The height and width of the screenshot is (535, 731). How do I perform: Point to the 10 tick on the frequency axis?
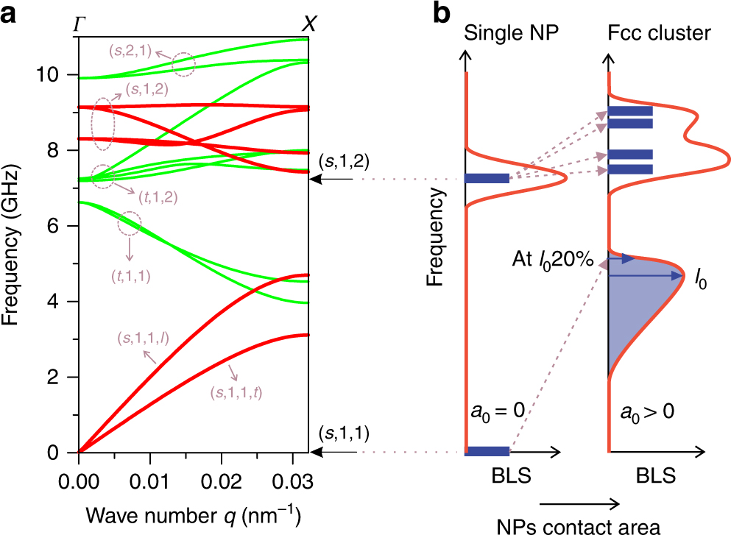pos(56,75)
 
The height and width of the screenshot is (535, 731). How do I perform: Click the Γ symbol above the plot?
pos(79,24)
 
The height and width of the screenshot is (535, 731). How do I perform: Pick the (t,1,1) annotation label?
pos(130,276)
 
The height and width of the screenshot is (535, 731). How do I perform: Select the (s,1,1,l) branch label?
pos(144,338)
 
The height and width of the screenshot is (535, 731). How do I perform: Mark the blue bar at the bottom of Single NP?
pos(488,451)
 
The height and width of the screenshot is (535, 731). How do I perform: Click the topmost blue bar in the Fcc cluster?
pos(630,111)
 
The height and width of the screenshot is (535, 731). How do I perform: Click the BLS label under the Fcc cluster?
pos(654,476)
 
